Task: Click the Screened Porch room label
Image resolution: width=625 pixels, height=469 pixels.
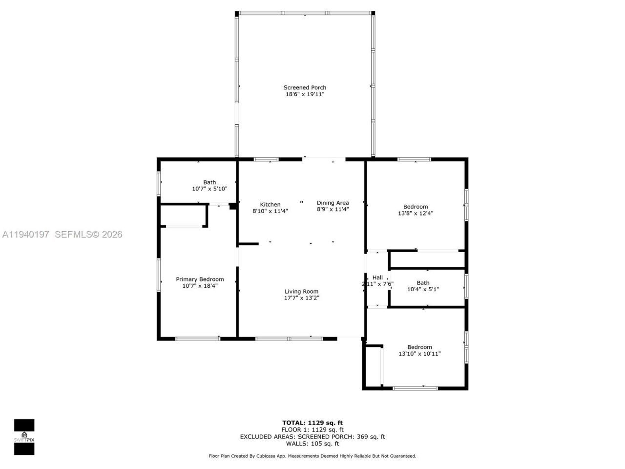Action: click(x=305, y=88)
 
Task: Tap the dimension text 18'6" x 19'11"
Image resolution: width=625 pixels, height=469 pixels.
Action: click(x=305, y=94)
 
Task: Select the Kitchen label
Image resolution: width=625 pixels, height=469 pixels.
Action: click(x=270, y=205)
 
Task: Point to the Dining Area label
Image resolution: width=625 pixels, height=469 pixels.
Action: click(x=333, y=203)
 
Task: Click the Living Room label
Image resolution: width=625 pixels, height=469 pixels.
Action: click(x=301, y=292)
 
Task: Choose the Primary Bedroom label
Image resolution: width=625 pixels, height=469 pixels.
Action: click(x=200, y=279)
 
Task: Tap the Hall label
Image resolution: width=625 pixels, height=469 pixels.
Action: click(x=377, y=277)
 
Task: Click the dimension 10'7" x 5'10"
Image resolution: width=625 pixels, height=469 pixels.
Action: click(x=209, y=189)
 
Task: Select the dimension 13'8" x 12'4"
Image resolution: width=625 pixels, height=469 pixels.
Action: click(x=416, y=213)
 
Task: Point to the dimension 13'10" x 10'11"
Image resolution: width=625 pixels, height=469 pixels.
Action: click(x=419, y=354)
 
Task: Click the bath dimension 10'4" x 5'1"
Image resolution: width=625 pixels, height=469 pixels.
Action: click(x=423, y=289)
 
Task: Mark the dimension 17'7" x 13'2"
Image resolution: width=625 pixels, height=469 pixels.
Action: click(x=302, y=298)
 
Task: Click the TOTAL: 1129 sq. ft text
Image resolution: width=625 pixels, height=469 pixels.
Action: click(x=312, y=423)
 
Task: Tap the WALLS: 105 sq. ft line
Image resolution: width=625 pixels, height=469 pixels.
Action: click(x=312, y=444)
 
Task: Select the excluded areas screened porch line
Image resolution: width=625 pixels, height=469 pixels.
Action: click(x=312, y=437)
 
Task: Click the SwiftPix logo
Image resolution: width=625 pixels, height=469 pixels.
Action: click(x=24, y=437)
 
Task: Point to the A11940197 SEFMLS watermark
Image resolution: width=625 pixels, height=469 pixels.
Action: click(x=62, y=234)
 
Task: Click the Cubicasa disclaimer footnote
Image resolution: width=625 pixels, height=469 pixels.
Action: click(x=312, y=456)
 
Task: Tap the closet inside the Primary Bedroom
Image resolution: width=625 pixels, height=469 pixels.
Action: click(x=183, y=215)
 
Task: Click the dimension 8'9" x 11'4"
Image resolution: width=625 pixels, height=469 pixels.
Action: click(x=333, y=210)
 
